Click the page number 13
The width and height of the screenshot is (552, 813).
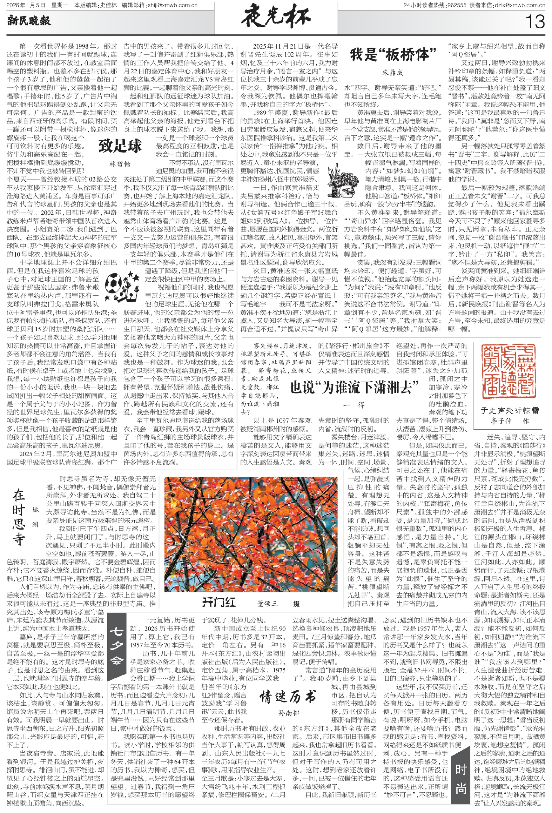535,22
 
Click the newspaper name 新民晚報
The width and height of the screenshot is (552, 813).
29,21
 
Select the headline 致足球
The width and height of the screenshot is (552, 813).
120,146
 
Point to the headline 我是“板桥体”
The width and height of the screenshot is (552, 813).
393,55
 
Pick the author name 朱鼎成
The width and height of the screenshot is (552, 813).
393,73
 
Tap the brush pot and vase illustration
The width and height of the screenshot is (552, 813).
341,185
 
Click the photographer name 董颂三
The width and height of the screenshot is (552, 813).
267,603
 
